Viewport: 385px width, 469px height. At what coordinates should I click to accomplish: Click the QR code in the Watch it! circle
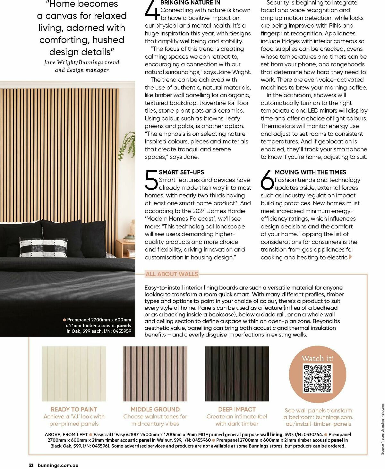[317, 378]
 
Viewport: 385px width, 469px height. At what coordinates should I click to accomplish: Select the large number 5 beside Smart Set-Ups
[151, 180]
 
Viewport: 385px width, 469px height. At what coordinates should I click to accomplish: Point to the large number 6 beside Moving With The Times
[267, 180]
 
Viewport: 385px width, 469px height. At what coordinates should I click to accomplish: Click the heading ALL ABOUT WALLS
[172, 274]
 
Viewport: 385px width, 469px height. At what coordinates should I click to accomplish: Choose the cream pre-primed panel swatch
[74, 374]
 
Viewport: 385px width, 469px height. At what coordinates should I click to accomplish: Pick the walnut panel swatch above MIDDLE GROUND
[155, 374]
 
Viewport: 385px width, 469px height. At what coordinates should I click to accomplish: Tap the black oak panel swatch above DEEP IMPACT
[237, 374]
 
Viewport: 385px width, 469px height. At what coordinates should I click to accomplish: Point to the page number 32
[31, 465]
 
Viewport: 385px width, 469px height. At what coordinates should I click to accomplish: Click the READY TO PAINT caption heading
[74, 409]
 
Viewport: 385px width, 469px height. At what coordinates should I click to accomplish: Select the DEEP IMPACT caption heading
[237, 409]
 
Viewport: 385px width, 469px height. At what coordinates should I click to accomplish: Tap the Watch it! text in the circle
[318, 358]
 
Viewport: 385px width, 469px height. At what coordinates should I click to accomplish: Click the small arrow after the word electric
[350, 257]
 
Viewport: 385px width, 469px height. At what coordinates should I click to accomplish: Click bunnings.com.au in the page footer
[58, 465]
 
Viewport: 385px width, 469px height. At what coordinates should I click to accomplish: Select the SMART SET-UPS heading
[181, 172]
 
